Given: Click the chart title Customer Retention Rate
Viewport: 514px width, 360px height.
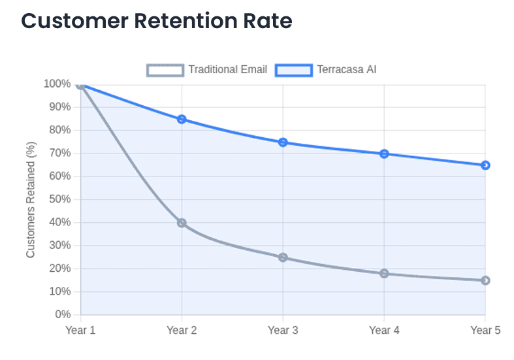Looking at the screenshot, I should click(157, 21).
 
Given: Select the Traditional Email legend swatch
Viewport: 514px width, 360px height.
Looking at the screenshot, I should click(165, 69).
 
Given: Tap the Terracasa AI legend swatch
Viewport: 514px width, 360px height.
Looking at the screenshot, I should click(294, 69).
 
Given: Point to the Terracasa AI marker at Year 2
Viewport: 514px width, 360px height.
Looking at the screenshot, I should click(182, 120).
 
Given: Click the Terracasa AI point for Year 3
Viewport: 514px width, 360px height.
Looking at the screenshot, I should click(283, 142).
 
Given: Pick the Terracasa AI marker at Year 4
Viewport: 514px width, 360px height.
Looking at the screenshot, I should click(384, 154).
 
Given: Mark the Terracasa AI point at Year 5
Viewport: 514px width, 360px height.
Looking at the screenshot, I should click(485, 165).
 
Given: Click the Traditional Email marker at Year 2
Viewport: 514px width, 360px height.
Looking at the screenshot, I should click(182, 223).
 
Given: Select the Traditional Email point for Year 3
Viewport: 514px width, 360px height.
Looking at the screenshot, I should click(283, 257).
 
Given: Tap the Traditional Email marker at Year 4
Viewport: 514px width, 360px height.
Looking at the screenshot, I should click(384, 274).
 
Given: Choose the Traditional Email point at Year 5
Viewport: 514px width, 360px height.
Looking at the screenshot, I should click(485, 280).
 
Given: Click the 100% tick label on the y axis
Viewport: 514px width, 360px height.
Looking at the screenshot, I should click(57, 84).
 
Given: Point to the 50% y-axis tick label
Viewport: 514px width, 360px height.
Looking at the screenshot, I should click(59, 199).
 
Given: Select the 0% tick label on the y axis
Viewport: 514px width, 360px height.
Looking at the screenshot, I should click(63, 315).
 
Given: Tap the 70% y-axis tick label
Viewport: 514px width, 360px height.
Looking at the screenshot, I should click(59, 154).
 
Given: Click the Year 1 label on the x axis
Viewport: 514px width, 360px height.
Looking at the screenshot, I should click(80, 331).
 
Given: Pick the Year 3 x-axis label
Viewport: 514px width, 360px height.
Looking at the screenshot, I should click(283, 331).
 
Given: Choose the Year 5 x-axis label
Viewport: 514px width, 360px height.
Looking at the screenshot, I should click(485, 331).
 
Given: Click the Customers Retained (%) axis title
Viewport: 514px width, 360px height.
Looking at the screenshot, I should click(31, 200).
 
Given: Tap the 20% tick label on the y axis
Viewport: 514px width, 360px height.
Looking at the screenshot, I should click(59, 269).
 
